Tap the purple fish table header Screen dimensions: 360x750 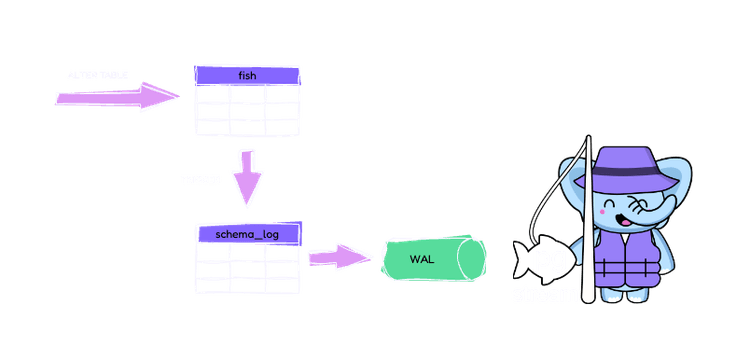tap(246, 75)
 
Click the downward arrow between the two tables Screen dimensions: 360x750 tap(246, 176)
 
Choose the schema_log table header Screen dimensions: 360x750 tap(246, 234)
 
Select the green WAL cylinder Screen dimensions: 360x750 tap(431, 258)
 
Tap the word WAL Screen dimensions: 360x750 tap(420, 259)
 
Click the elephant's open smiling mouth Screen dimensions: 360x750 tap(632, 214)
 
